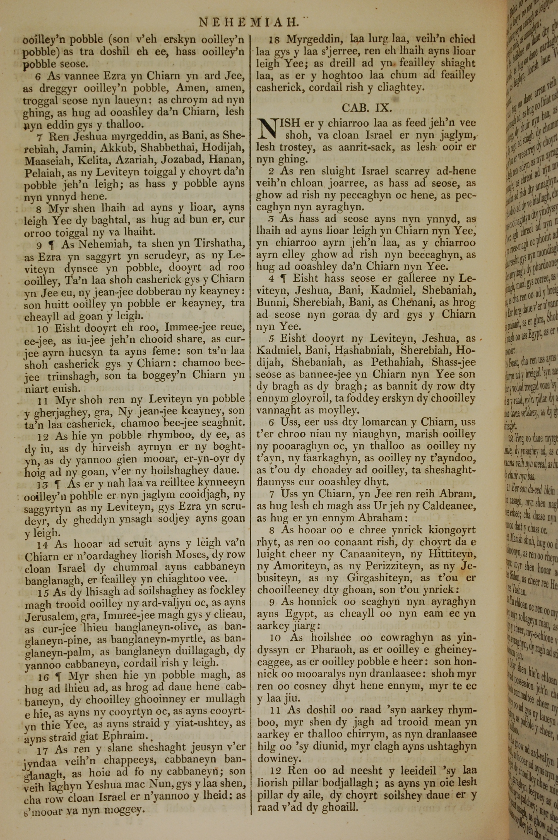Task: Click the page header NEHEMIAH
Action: (x=248, y=23)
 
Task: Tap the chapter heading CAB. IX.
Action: (x=367, y=108)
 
